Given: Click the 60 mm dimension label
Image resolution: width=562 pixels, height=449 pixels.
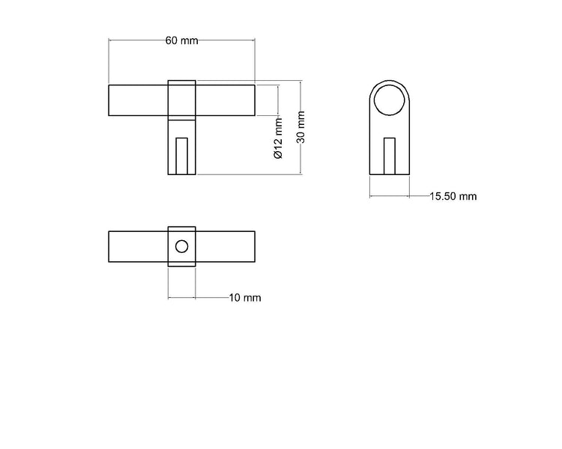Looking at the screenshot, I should pos(181,40).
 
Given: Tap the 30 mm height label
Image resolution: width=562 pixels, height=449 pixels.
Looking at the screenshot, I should pos(301,127).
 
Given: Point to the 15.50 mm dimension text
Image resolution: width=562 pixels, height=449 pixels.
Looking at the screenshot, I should pos(453,197).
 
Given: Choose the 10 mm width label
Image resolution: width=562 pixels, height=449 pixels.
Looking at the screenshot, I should pos(245,298).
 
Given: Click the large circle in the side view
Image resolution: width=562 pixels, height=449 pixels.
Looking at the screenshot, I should pos(390,100).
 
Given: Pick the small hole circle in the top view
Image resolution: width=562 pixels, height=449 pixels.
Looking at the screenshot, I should pos(181,246).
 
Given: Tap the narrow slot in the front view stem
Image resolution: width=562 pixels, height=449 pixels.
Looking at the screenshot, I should pos(181,156).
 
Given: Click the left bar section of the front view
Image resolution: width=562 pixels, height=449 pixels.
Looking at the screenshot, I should pos(139,100).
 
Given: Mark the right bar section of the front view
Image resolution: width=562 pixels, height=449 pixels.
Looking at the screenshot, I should pos(226,100).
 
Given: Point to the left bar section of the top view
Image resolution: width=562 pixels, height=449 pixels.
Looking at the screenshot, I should pos(139,246).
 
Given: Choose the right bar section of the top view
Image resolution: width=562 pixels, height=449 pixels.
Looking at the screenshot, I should pos(226,246).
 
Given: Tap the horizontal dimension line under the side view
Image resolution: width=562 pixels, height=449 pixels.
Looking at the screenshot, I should pos(390,197).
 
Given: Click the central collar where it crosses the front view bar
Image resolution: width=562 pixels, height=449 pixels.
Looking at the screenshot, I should pos(181,100).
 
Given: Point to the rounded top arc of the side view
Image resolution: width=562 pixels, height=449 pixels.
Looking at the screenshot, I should pos(390,79).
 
